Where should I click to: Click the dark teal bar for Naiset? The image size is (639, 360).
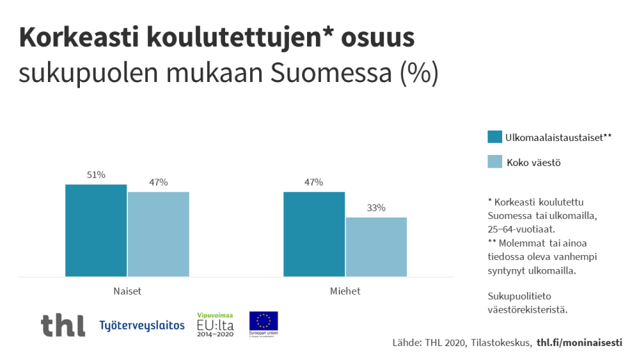click(96, 231)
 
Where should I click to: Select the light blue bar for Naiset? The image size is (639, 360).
click(158, 234)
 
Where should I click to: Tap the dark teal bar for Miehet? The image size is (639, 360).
click(314, 234)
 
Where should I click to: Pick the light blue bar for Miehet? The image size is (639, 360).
click(376, 247)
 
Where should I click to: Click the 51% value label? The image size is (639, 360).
click(96, 175)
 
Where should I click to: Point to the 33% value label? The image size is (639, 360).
click(376, 208)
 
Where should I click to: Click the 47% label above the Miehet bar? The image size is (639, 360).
click(314, 182)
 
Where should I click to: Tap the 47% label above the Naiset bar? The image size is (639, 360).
click(158, 182)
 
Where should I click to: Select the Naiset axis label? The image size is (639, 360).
click(127, 291)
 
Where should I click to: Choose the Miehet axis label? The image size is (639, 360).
click(345, 291)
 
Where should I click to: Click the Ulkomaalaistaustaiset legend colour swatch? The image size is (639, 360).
click(495, 137)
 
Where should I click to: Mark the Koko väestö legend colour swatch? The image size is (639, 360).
click(495, 163)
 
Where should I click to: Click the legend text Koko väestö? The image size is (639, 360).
click(533, 163)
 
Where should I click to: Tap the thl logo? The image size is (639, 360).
click(63, 325)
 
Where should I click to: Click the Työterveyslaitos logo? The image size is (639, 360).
click(142, 325)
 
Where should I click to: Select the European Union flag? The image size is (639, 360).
click(263, 321)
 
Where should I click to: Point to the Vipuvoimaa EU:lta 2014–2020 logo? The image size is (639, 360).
click(215, 325)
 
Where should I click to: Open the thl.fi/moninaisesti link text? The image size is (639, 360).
click(579, 343)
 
